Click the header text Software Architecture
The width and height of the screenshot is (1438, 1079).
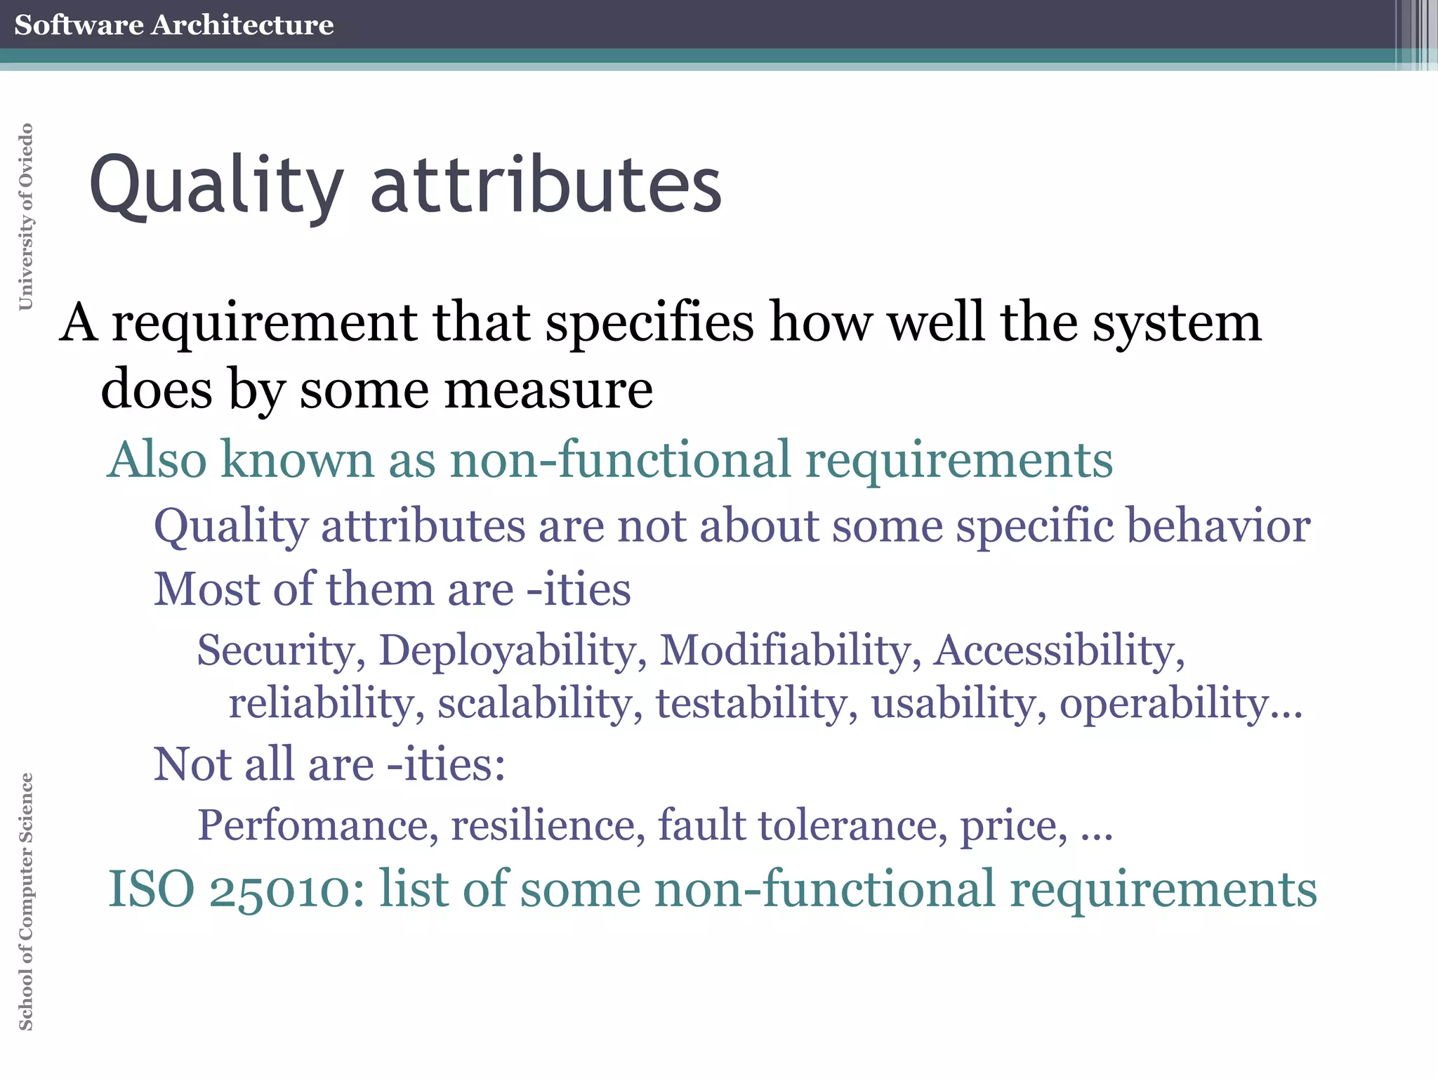(x=173, y=25)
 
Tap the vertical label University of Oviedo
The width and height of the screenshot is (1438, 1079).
(x=26, y=216)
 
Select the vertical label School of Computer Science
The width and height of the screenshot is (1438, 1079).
(x=26, y=901)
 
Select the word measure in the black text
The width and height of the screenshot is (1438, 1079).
(x=548, y=391)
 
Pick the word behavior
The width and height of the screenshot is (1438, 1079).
(x=1218, y=526)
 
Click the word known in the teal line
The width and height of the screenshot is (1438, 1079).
(x=298, y=460)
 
